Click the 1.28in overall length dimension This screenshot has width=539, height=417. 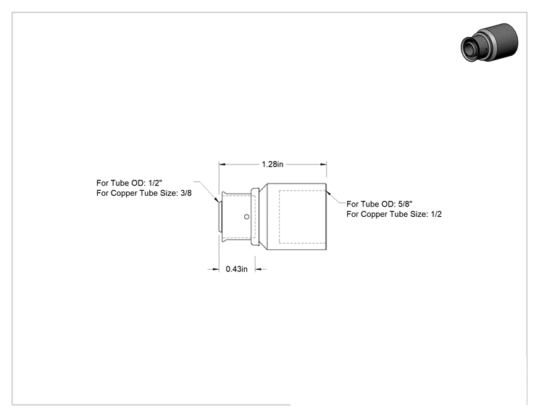272,165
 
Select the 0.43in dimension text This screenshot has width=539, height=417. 236,269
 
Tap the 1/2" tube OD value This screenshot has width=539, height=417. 155,183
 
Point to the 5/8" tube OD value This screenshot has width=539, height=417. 405,204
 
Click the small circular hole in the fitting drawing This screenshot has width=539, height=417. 246,217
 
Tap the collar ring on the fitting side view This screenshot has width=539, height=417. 255,217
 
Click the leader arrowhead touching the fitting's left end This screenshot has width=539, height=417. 217,199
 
